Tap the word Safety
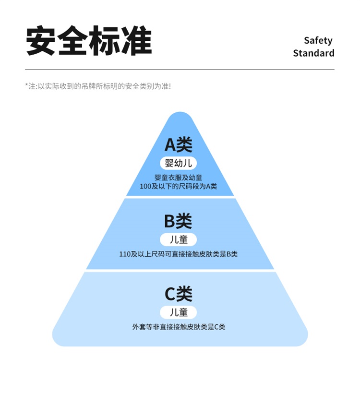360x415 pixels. (318, 40)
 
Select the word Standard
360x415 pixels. (313, 53)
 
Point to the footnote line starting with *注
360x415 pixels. (98, 86)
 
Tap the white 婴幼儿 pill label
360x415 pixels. (179, 163)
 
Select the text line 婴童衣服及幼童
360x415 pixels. (179, 178)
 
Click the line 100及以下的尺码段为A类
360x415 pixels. (179, 186)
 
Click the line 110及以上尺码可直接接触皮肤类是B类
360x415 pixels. (179, 254)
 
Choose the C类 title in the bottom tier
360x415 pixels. (179, 294)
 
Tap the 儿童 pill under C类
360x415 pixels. (179, 312)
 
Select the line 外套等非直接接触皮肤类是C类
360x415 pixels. (179, 327)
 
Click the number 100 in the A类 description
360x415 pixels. (145, 186)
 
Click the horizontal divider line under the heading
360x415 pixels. (180, 70)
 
